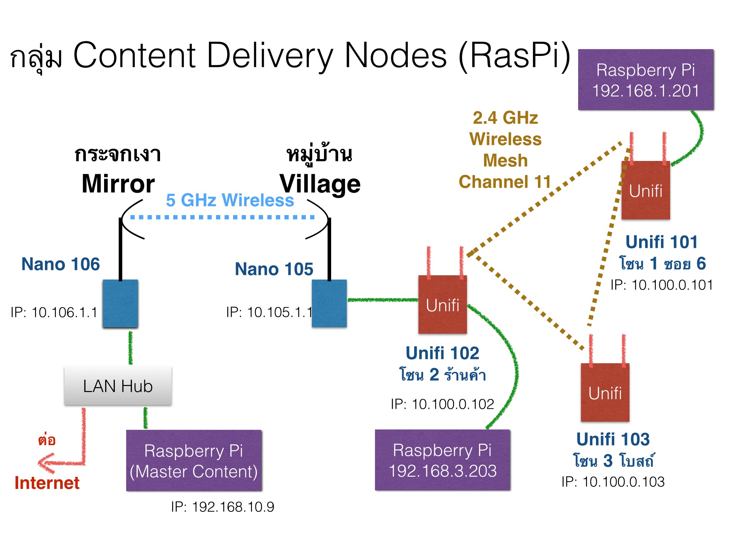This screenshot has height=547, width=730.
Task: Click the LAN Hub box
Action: (x=118, y=386)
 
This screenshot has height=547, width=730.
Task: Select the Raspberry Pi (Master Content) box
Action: (x=194, y=460)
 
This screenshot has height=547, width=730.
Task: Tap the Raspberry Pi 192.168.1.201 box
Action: (x=646, y=80)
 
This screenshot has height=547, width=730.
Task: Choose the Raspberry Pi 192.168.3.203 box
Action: (x=442, y=460)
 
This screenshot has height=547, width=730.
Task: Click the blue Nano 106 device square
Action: (x=120, y=303)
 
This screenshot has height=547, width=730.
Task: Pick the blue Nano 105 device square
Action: (x=329, y=303)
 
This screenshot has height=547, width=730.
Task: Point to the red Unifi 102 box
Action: (x=442, y=305)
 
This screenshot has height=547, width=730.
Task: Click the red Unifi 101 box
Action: (x=646, y=191)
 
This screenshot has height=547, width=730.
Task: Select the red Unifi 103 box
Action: (x=605, y=392)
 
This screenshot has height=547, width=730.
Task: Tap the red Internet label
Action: (x=47, y=483)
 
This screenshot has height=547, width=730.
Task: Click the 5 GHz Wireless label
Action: (x=230, y=200)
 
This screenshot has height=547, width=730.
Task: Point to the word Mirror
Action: (x=118, y=184)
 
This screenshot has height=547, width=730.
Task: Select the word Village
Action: (x=320, y=184)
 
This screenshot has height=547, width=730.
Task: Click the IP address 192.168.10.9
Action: (x=223, y=507)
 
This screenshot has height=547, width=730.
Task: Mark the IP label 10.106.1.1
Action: (x=54, y=312)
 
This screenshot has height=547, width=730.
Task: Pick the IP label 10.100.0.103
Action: (x=613, y=482)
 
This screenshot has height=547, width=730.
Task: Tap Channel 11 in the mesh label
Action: (x=505, y=182)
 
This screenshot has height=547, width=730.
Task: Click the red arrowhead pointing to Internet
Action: (x=45, y=463)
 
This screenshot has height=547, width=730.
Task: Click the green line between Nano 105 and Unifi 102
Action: (x=382, y=300)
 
